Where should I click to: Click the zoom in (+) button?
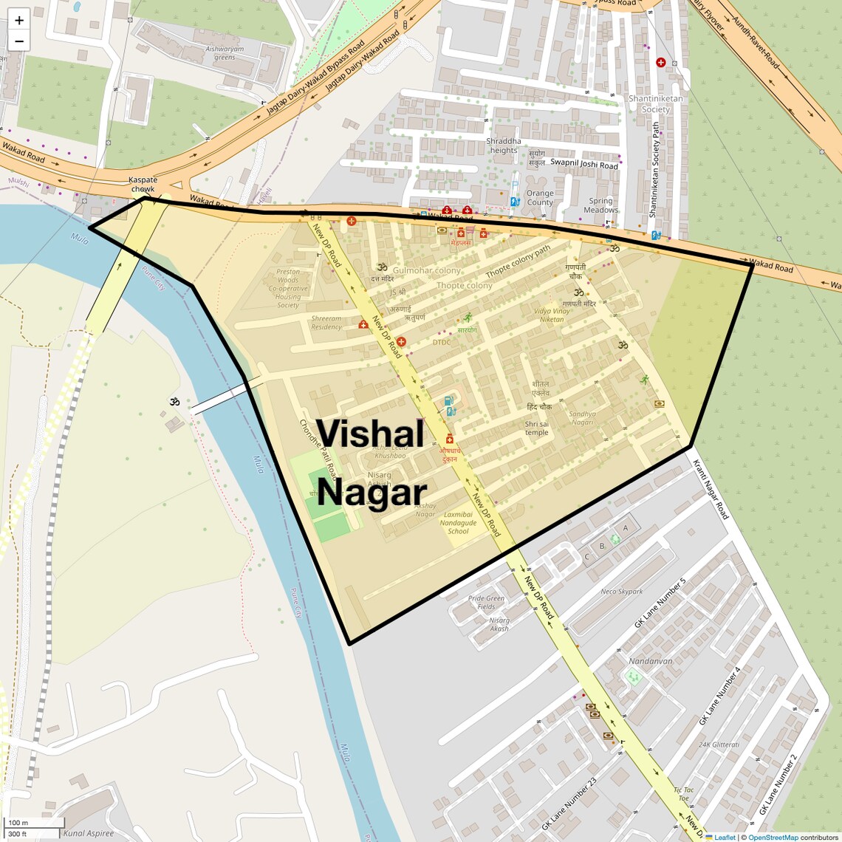[19, 20]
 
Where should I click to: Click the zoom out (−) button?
[19, 41]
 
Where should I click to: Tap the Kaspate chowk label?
[143, 184]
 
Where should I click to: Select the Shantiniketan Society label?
[655, 103]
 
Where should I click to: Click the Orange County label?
[540, 198]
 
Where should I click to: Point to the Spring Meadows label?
[600, 205]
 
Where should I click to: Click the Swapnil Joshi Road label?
[584, 164]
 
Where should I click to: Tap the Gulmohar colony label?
[427, 271]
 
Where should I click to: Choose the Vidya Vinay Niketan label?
[552, 315]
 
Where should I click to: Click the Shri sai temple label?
[537, 428]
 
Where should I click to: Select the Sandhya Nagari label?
[582, 418]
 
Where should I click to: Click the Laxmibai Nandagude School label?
[458, 523]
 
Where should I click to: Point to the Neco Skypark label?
[621, 592]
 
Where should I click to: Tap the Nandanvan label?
[650, 661]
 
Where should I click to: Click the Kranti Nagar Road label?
[711, 489]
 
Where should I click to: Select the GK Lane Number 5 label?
[660, 603]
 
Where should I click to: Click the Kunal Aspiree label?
[89, 833]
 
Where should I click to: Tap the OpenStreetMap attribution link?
[773, 838]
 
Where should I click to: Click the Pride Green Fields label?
[486, 603]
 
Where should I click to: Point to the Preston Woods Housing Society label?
[288, 288]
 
